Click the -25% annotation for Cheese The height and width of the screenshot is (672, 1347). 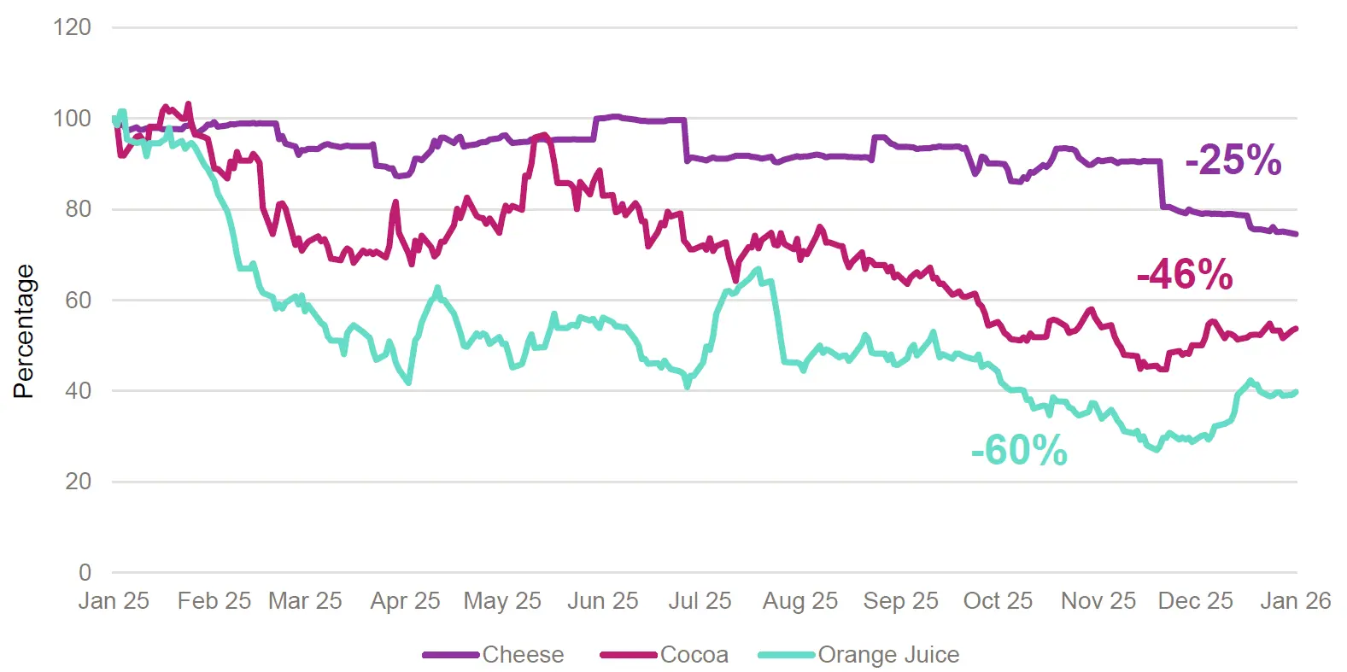point(1233,160)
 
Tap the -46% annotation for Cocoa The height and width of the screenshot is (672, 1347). point(1184,275)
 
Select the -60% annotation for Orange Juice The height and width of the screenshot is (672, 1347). point(1018,450)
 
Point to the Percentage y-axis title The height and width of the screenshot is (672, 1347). point(24,331)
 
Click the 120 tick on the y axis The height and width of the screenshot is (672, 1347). point(72,27)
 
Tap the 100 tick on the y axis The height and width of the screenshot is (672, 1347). point(72,119)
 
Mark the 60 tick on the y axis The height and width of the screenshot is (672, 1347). point(78,300)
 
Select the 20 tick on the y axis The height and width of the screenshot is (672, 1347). point(78,482)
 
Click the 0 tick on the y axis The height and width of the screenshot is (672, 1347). point(85,572)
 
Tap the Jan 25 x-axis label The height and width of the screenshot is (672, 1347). point(114,601)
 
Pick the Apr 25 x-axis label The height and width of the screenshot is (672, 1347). point(405,601)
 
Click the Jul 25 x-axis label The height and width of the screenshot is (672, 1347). point(700,601)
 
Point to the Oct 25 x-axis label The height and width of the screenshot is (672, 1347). point(998,601)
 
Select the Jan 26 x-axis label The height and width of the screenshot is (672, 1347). point(1295,601)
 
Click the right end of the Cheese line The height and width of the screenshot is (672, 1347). point(1297,234)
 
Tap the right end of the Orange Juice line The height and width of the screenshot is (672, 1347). point(1297,392)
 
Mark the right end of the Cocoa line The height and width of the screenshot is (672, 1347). point(1297,328)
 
